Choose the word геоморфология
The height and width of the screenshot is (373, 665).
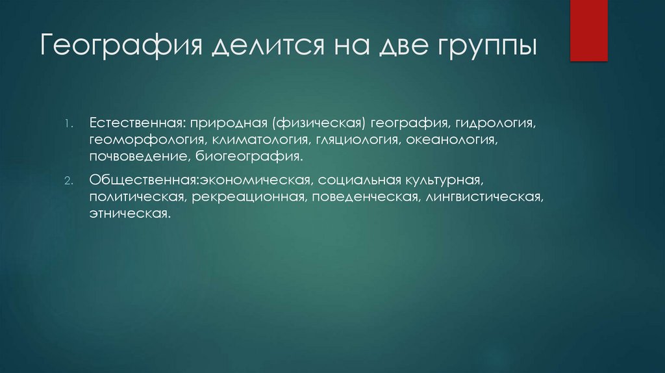(147, 140)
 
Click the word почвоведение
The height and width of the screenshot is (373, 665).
(140, 157)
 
